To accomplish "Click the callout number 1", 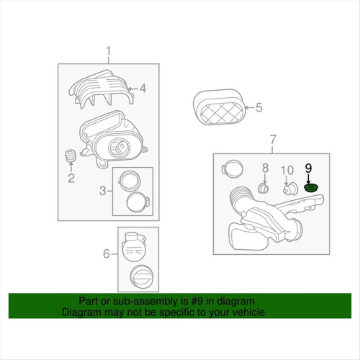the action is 109,51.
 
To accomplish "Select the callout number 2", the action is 71,178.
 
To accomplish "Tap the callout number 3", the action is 103,191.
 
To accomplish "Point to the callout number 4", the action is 143,89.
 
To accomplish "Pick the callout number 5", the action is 258,107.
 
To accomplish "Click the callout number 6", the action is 107,253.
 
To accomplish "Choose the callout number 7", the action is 273,139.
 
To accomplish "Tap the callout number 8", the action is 265,168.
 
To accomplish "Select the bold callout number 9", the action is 308,168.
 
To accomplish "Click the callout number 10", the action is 287,170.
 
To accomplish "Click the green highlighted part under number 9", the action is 311,188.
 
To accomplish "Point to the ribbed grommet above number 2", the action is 71,156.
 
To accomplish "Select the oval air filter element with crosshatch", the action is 220,107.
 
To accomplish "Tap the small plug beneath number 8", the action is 263,188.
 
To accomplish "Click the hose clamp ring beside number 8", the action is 232,168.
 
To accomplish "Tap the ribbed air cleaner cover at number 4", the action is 101,90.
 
